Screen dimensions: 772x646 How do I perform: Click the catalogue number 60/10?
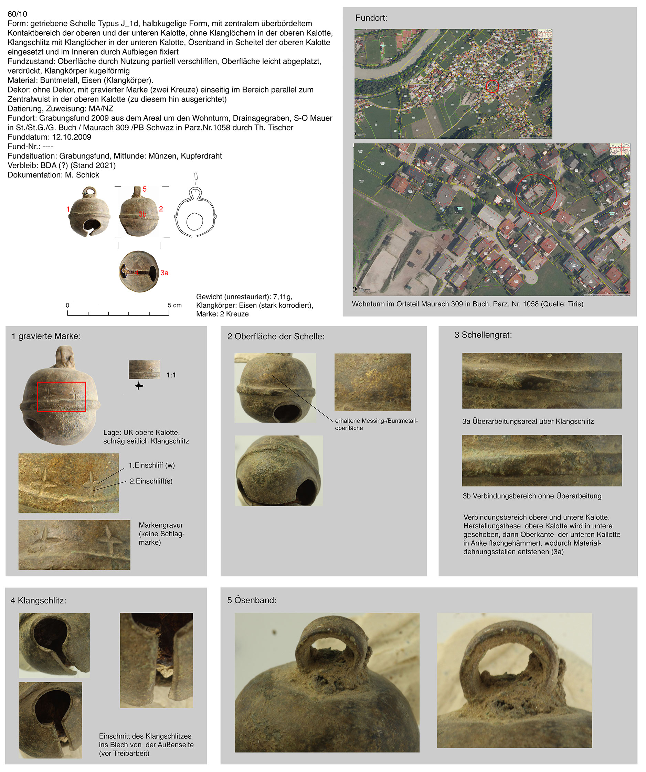[17, 14]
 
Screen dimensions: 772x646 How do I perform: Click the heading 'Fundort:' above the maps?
[371, 18]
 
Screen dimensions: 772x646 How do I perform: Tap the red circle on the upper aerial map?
[492, 86]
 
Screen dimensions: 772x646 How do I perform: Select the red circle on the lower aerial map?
[536, 194]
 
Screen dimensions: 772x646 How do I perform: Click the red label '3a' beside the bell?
[165, 273]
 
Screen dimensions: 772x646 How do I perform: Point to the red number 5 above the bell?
[145, 189]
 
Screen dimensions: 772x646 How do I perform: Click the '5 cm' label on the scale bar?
[174, 305]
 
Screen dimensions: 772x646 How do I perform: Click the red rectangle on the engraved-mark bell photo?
[61, 397]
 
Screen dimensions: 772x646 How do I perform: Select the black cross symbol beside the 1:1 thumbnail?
[139, 386]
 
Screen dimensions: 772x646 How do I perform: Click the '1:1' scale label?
[171, 375]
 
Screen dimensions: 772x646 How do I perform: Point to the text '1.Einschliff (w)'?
[151, 465]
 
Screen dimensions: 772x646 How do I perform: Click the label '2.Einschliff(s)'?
[151, 481]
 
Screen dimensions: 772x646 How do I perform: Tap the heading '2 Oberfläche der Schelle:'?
[276, 336]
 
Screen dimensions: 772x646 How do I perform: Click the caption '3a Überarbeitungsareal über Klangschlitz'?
[528, 421]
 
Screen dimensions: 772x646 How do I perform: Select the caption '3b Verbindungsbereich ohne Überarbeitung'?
[532, 496]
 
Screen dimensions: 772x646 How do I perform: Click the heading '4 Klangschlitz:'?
[39, 600]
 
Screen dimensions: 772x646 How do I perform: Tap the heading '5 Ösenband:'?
[252, 600]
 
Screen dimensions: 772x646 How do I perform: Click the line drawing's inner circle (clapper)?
[195, 221]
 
